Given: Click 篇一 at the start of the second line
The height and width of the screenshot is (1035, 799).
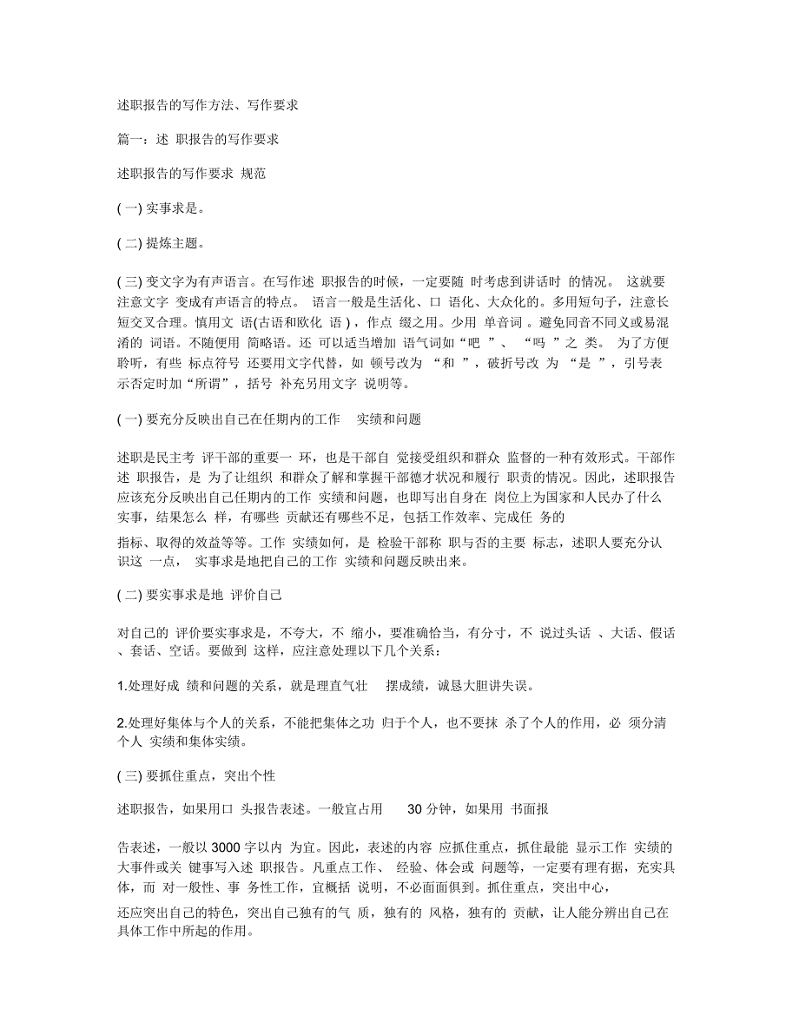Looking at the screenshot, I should [x=129, y=139].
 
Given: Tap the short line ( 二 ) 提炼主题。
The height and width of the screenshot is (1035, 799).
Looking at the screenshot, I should [x=161, y=244].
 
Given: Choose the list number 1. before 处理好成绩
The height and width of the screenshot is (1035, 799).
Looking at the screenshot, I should [x=122, y=686].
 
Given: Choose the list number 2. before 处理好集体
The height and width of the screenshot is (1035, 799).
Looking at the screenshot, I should [x=122, y=722].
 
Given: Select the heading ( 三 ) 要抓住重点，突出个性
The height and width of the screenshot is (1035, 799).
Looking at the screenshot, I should [x=196, y=774].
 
